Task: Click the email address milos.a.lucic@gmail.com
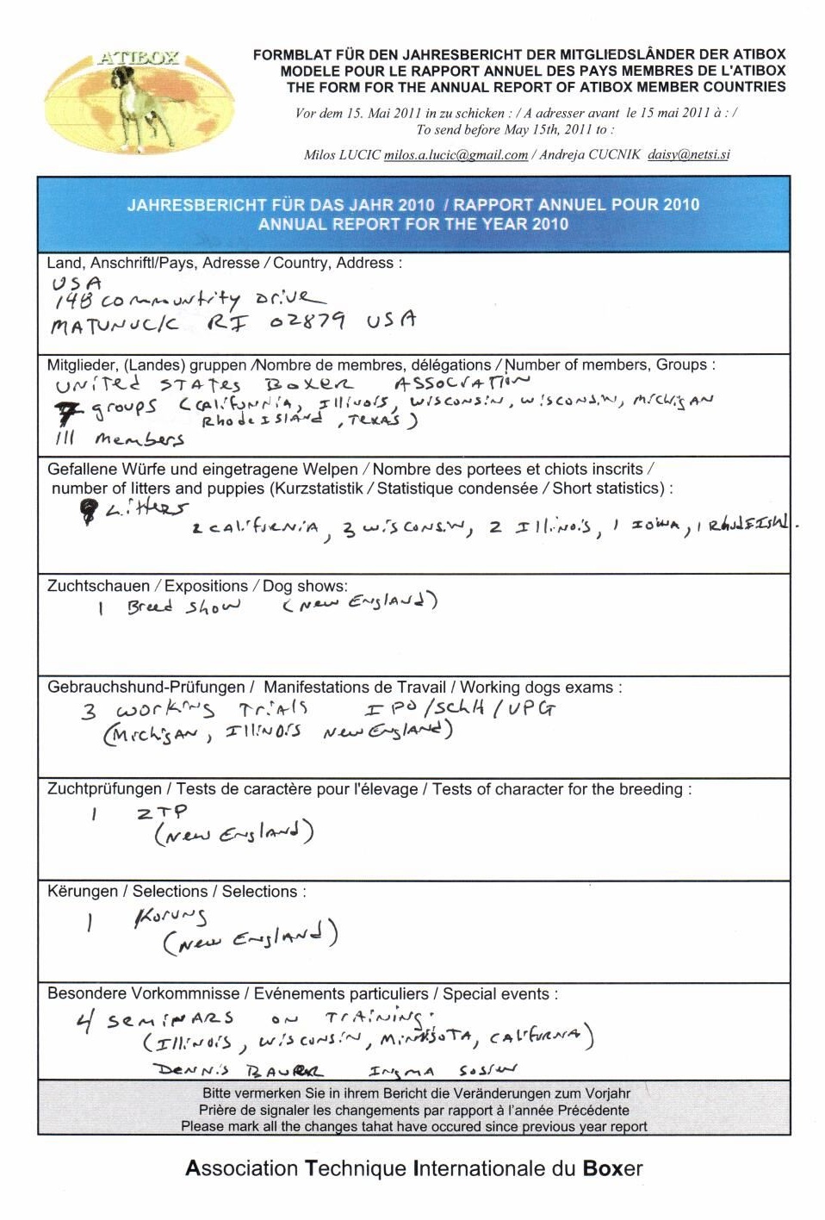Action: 456,155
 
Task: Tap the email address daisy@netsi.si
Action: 688,155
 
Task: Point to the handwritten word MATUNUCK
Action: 115,325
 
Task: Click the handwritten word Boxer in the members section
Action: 307,384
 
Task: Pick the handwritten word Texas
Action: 374,420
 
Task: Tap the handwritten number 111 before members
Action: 65,438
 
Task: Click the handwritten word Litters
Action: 146,509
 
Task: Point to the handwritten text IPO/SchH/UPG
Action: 460,708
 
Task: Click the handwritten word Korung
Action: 170,918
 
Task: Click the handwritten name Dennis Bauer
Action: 239,1071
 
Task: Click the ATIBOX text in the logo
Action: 138,59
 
